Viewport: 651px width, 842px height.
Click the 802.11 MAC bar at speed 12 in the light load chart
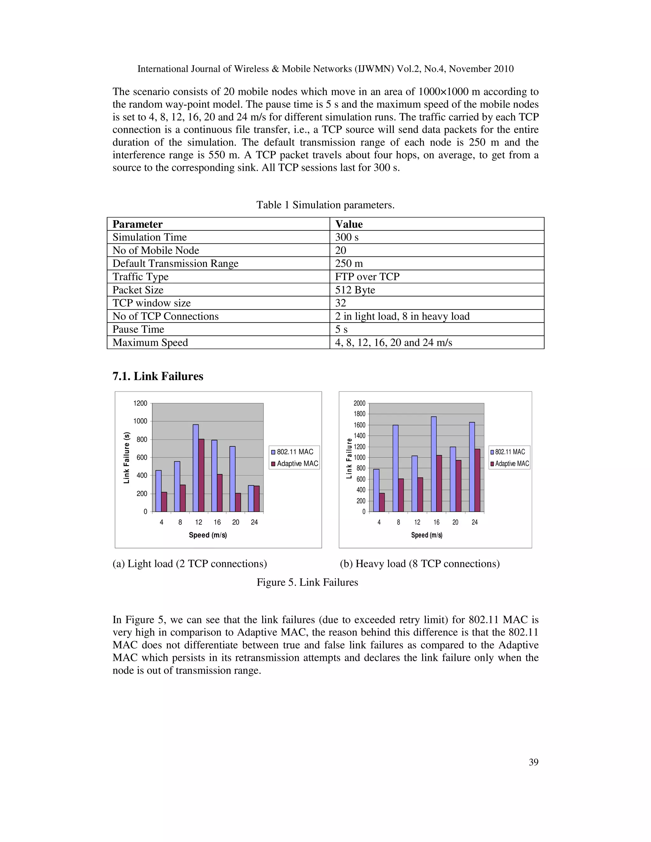pyautogui.click(x=195, y=468)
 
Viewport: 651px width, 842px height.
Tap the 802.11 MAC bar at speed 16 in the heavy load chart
pyautogui.click(x=434, y=464)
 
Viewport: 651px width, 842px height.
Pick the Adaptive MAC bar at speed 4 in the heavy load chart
pyautogui.click(x=382, y=502)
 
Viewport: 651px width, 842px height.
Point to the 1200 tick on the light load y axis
pyautogui.click(x=140, y=403)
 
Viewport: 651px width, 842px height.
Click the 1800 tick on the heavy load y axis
pyautogui.click(x=360, y=414)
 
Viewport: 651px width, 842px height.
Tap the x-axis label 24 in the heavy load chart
pyautogui.click(x=474, y=522)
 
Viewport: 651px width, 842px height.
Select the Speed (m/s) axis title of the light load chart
pyautogui.click(x=208, y=535)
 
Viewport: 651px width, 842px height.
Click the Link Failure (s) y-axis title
pyautogui.click(x=127, y=458)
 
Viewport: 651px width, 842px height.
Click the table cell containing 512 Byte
pyautogui.click(x=355, y=290)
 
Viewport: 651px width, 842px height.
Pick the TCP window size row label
pyautogui.click(x=152, y=303)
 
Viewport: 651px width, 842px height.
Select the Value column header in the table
pyautogui.click(x=349, y=224)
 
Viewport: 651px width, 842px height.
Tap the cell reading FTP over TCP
pyautogui.click(x=367, y=277)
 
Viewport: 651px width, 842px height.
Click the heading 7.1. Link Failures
pyautogui.click(x=158, y=376)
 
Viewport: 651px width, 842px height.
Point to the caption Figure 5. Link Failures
pyautogui.click(x=307, y=582)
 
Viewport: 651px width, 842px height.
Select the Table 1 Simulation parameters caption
pyautogui.click(x=325, y=205)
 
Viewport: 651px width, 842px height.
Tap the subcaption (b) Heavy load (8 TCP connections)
pyautogui.click(x=420, y=564)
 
